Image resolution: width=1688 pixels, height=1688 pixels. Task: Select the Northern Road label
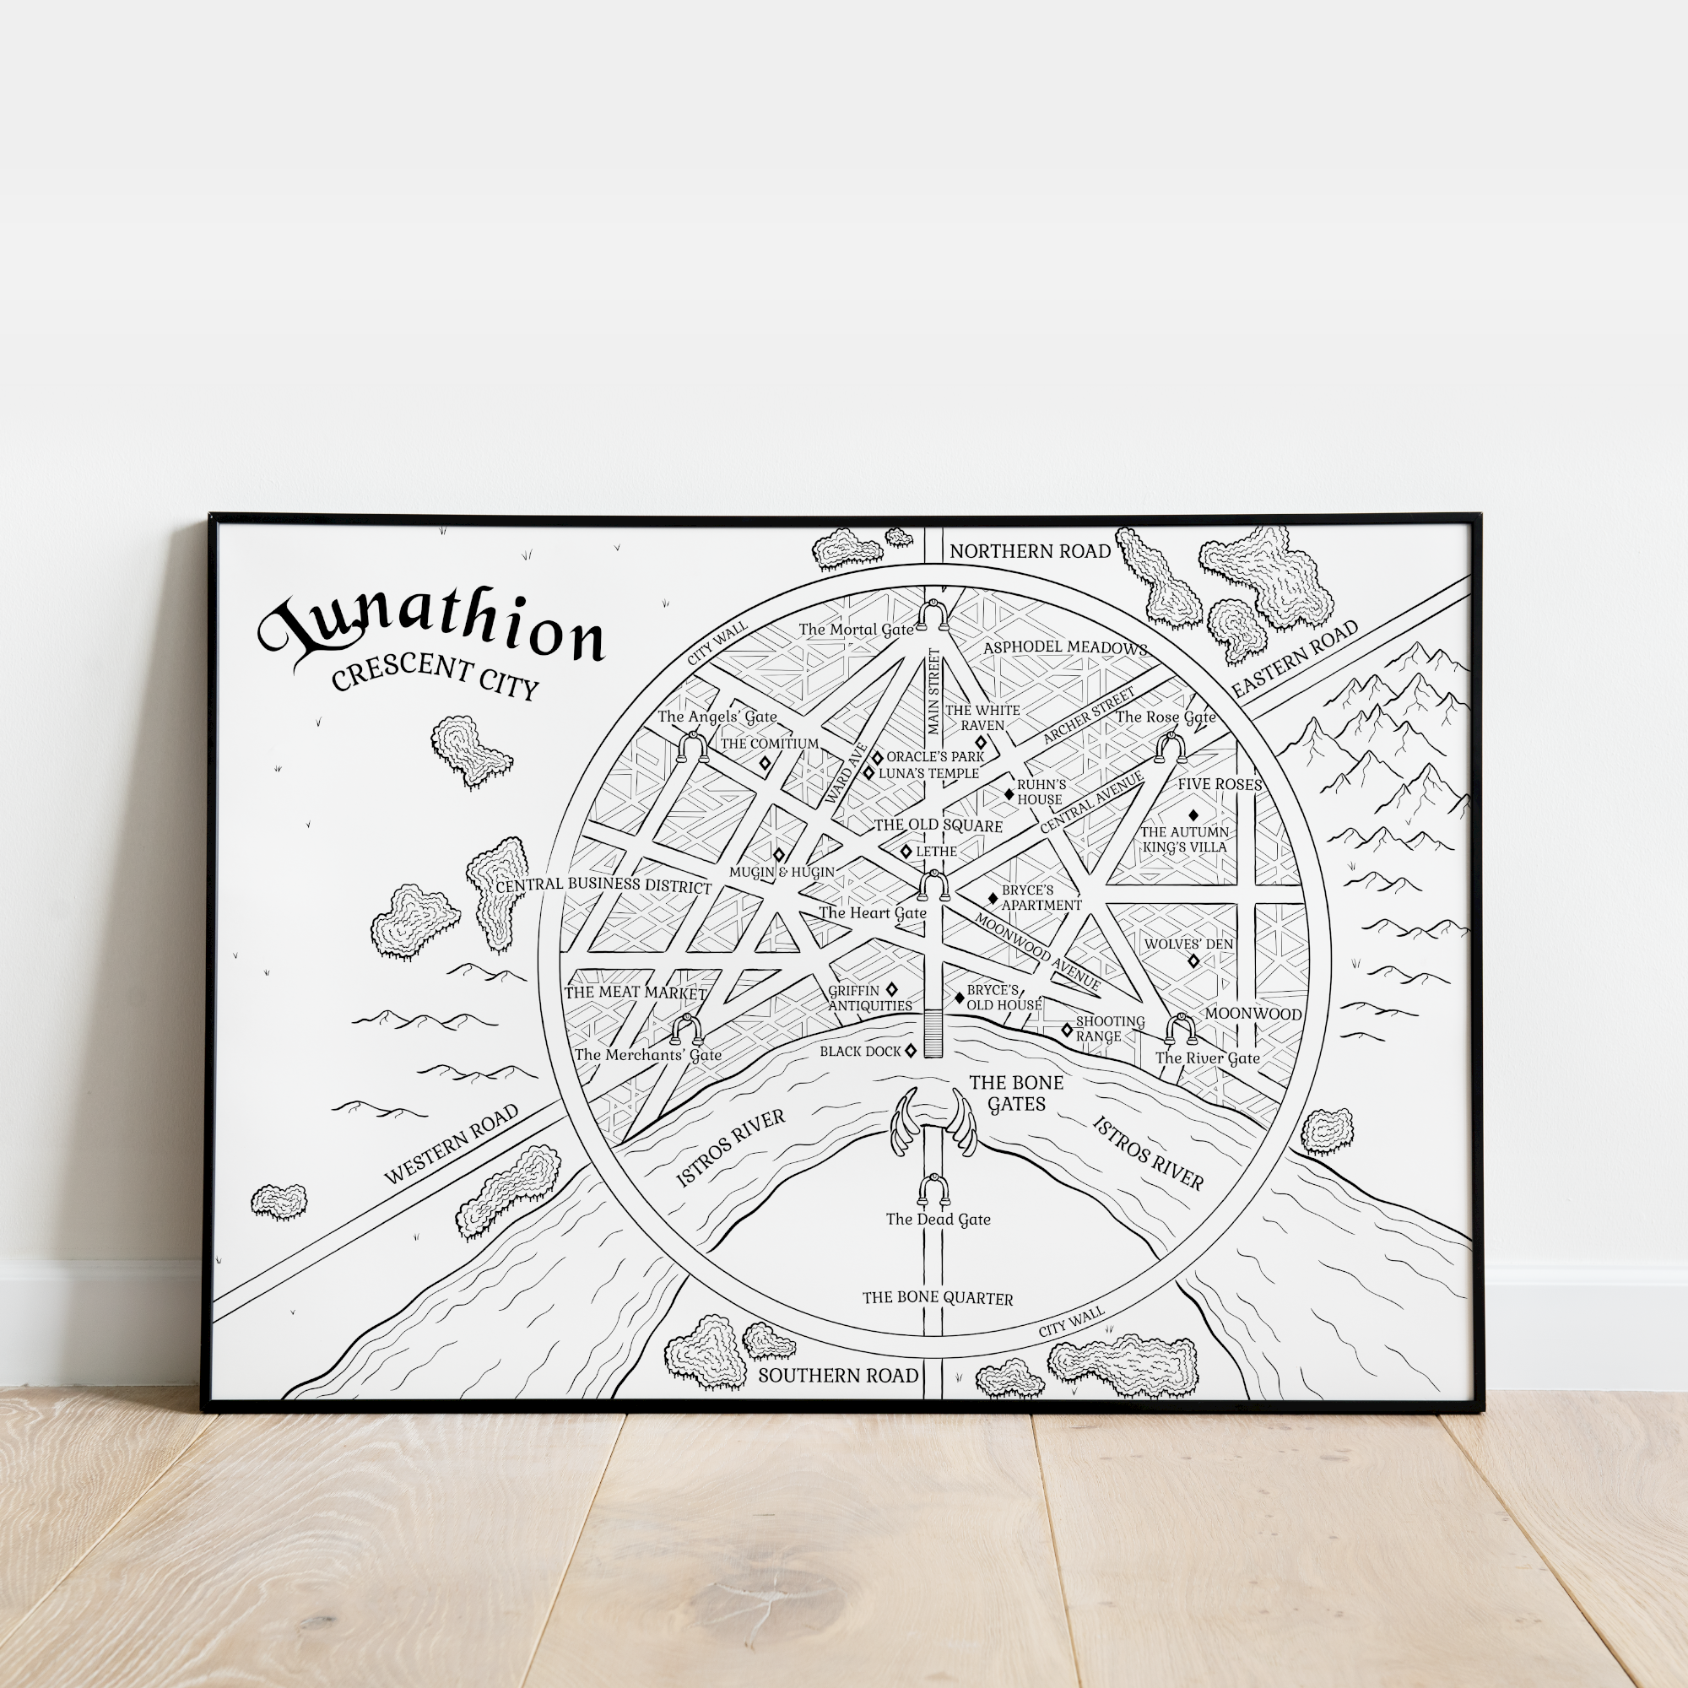point(1030,551)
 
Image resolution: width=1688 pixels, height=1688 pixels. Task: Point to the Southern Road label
point(838,1375)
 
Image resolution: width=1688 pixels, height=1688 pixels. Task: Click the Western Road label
point(452,1144)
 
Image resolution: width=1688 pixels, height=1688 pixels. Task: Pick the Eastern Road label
point(1295,659)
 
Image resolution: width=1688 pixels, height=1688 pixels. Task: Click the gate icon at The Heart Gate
point(934,886)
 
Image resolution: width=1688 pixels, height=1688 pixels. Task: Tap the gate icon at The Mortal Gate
point(933,616)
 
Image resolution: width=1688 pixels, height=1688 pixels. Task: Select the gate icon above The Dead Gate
point(934,1190)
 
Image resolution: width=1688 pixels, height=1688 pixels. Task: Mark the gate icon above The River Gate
point(1182,1029)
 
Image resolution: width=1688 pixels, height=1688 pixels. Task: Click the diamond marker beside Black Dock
point(911,1051)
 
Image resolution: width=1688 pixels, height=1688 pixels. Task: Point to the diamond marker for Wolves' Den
point(1193,961)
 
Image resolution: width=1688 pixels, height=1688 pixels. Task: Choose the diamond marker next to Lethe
point(906,851)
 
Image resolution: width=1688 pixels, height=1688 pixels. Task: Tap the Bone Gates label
point(1016,1093)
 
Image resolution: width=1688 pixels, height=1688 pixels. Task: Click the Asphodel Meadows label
point(1065,647)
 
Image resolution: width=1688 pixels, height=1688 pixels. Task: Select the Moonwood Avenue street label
point(1037,951)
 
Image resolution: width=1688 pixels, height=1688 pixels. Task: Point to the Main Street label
point(935,691)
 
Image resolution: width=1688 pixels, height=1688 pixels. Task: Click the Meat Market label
point(636,993)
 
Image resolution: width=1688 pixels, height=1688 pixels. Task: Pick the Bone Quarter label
point(938,1298)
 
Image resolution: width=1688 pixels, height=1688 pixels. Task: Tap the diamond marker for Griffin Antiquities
point(892,989)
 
